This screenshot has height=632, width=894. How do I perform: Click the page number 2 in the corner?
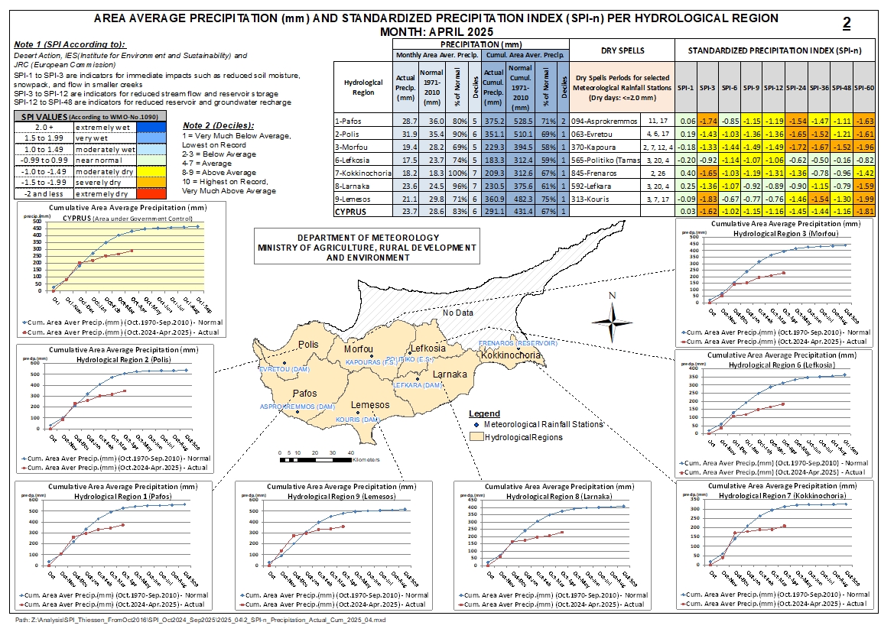coord(847,23)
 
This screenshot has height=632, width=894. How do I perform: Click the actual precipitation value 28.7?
coord(404,121)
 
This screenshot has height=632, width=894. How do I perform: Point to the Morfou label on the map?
coord(359,348)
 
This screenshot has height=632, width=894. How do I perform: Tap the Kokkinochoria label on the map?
coord(511,355)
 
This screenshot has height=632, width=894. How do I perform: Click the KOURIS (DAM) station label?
coord(358,420)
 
